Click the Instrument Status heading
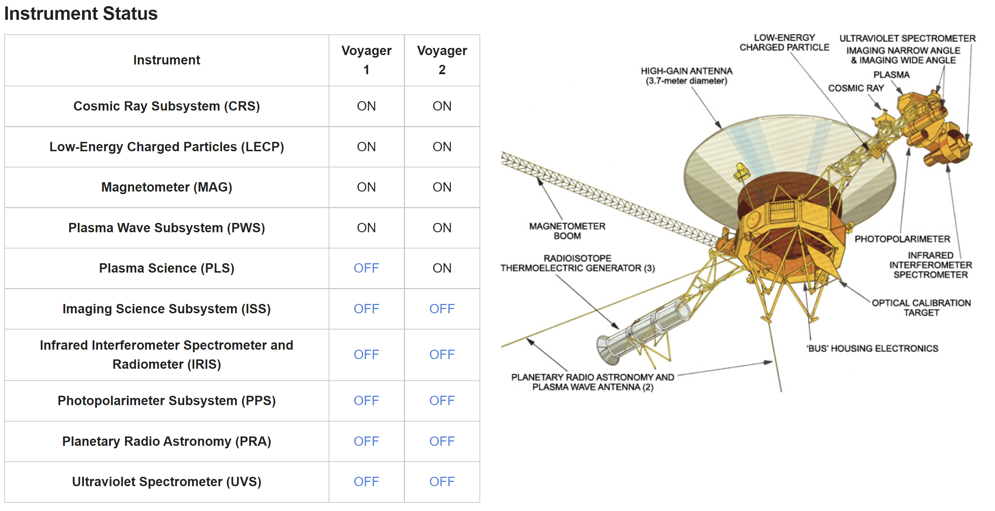coord(81,14)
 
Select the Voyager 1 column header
coord(366,60)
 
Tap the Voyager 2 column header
coord(442,60)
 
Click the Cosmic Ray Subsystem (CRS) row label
coord(166,106)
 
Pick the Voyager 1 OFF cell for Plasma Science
coord(366,268)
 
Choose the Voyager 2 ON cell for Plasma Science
coord(442,268)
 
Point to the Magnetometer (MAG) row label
coord(166,187)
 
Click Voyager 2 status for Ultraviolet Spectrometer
coord(442,481)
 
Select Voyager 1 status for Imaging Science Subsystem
coord(366,309)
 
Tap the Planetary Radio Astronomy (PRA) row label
coord(166,441)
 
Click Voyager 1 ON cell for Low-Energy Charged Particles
coord(366,147)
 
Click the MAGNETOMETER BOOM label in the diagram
coord(567,231)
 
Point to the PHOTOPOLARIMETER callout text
coord(902,239)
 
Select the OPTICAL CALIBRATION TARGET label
coord(921,308)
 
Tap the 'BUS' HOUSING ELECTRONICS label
coord(872,348)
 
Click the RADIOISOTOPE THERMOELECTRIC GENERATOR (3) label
coord(577,263)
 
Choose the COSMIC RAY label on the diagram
coord(856,88)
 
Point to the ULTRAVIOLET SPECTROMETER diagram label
coord(907,38)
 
